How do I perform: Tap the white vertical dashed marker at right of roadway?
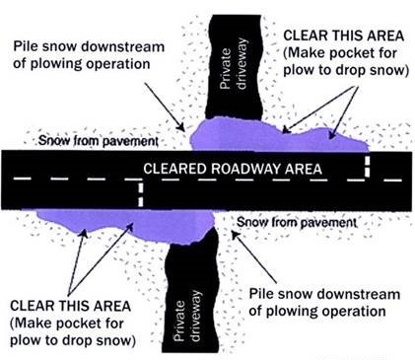point(367,164)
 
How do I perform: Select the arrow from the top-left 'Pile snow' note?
point(166,108)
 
